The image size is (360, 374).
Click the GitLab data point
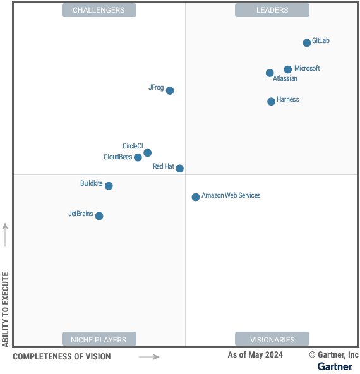coord(307,43)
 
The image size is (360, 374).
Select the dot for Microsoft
coord(288,69)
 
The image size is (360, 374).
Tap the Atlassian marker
coord(270,73)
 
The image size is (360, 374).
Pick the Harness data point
coord(272,102)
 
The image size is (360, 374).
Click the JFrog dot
coord(170,91)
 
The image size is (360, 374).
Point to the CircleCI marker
coord(148,153)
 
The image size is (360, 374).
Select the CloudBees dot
coord(138,157)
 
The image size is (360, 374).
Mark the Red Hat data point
coord(180,169)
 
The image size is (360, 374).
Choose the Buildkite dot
coord(109,186)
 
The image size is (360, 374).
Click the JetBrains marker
coord(99,216)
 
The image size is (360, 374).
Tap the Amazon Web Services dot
coord(196,197)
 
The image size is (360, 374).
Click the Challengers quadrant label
coord(99,10)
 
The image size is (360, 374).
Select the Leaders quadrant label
coord(272,10)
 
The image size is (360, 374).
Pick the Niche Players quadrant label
coord(99,339)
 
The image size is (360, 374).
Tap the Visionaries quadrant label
coord(272,339)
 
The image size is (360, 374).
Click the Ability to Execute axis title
coord(6,309)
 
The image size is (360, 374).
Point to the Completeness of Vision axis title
coord(61,357)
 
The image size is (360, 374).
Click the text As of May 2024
coord(255,355)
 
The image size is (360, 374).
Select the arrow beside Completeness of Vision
coord(149,357)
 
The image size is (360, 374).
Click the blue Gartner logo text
coord(335,366)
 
